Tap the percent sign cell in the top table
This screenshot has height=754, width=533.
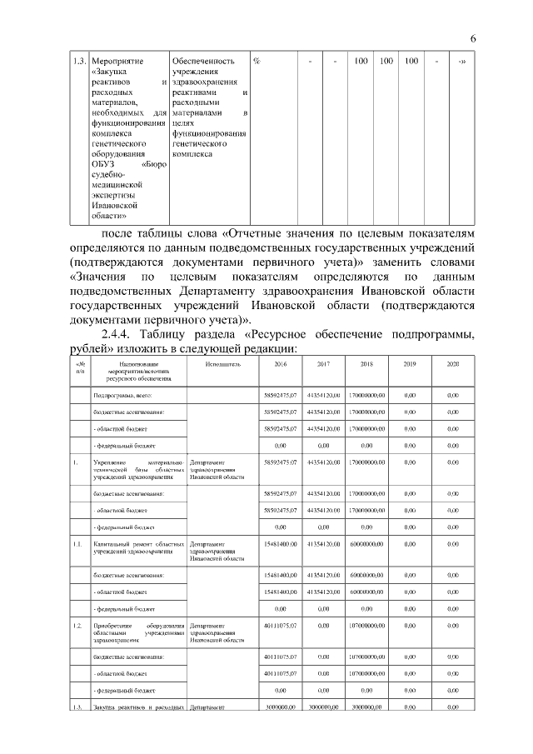click(x=257, y=62)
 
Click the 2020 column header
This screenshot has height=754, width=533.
click(x=453, y=364)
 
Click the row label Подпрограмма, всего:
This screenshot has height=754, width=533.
click(x=122, y=395)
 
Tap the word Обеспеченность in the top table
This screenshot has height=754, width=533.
click(x=202, y=62)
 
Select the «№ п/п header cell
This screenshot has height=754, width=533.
click(x=80, y=367)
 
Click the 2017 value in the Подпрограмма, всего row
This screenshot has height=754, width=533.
click(x=323, y=395)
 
